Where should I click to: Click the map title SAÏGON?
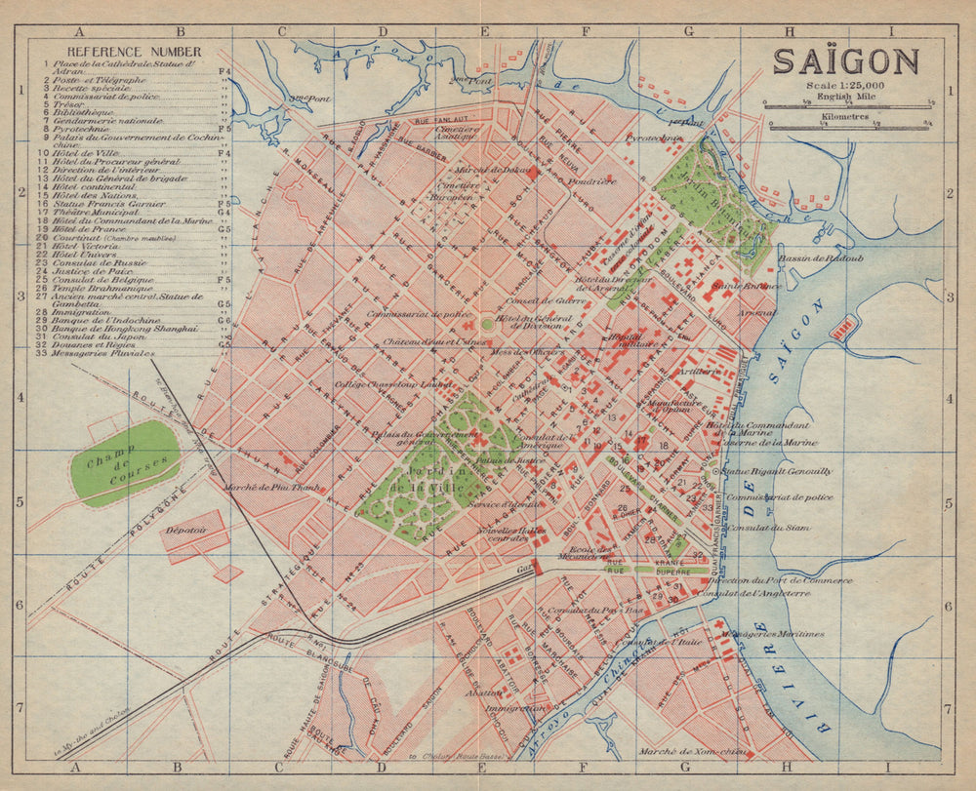(x=845, y=61)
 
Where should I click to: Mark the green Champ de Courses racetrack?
(x=125, y=463)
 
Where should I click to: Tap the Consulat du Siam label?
(x=776, y=528)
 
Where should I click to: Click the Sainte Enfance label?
(x=746, y=286)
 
